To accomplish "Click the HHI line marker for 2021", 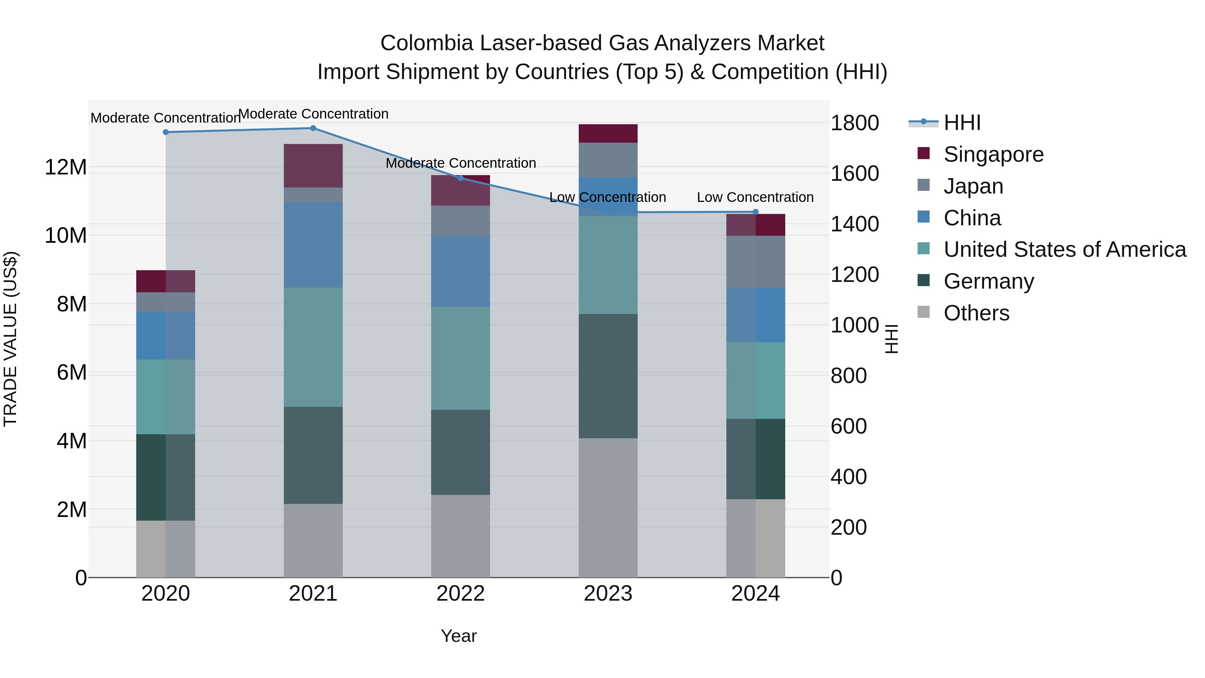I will tap(313, 128).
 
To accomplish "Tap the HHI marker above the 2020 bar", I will tap(166, 132).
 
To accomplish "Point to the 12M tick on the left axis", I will tap(66, 167).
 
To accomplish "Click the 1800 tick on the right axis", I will tap(855, 123).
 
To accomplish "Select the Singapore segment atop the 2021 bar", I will tap(313, 166).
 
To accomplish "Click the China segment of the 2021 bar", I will tap(313, 245).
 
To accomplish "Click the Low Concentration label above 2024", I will tap(755, 198).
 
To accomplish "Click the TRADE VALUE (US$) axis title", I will tap(10, 339).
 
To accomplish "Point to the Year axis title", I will tap(459, 636).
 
